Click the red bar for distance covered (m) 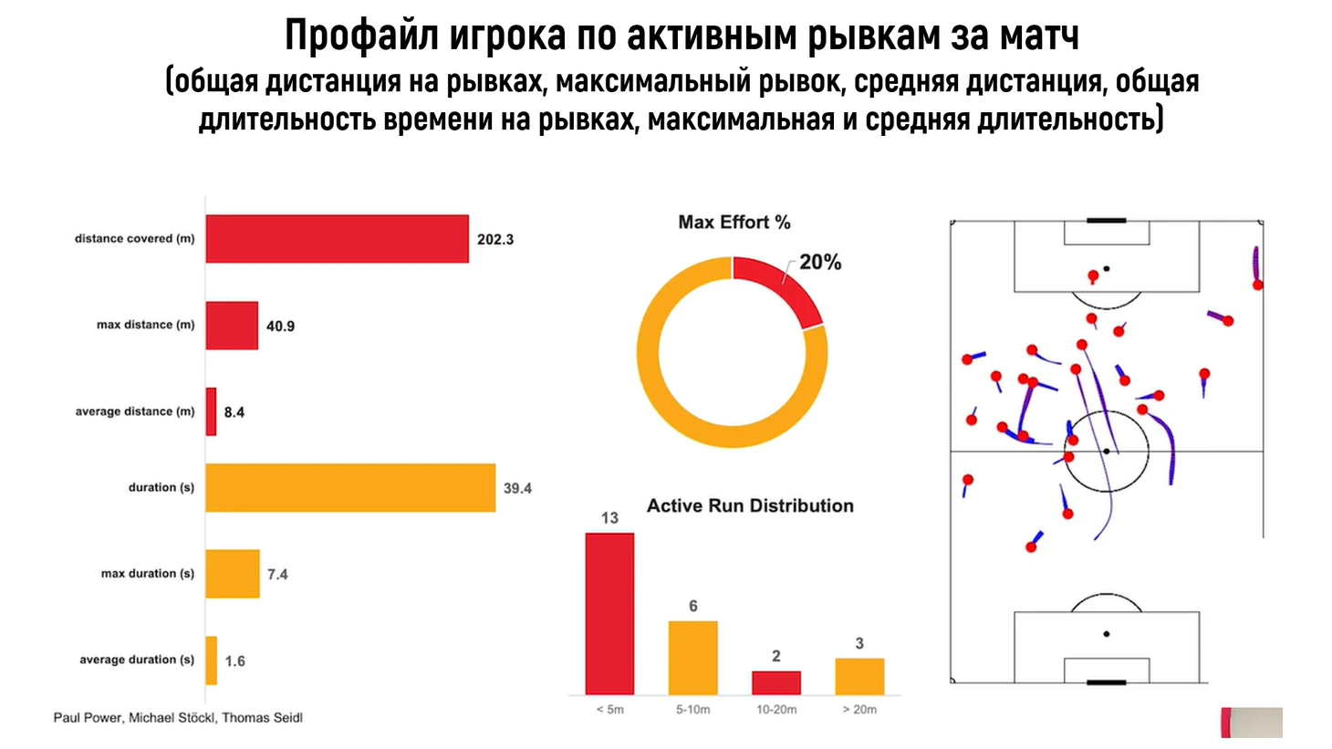[x=337, y=239]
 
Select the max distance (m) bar [x=232, y=326]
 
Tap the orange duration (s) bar [x=350, y=488]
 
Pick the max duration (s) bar [x=233, y=574]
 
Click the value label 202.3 [x=495, y=240]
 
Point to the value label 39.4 [x=517, y=489]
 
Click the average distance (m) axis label [x=135, y=411]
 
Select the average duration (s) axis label [x=137, y=660]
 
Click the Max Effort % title [x=734, y=223]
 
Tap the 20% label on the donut [x=820, y=263]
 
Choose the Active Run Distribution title [x=750, y=506]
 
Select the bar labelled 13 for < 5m [x=609, y=614]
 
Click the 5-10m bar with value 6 [x=693, y=658]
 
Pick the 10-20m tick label [x=776, y=710]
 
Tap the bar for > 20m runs [x=859, y=676]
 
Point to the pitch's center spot [x=1107, y=452]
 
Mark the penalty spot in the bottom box [x=1107, y=634]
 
